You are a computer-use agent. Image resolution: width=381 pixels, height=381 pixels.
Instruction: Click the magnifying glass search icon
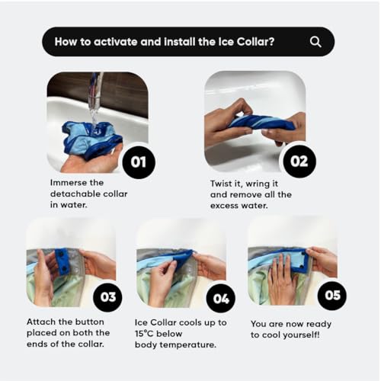(x=315, y=42)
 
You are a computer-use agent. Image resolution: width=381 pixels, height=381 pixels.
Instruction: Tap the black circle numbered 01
(x=139, y=162)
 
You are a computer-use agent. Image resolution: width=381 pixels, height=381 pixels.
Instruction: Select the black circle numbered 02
(x=299, y=162)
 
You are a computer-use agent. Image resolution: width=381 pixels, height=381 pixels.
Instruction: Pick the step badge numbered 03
(x=107, y=297)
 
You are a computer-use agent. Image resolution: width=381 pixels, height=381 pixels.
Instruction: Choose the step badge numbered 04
(x=221, y=299)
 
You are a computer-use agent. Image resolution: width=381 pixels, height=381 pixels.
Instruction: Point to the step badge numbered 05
(x=332, y=296)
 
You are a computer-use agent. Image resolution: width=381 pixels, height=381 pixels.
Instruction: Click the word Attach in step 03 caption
(x=41, y=322)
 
